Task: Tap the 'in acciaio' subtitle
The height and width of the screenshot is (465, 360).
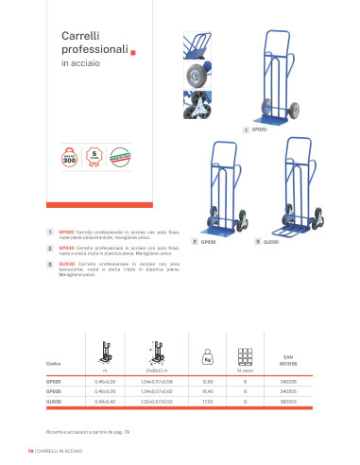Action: pyautogui.click(x=78, y=64)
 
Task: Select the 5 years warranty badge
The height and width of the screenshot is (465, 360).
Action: pyautogui.click(x=94, y=153)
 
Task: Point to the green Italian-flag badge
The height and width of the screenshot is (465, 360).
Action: pyautogui.click(x=121, y=153)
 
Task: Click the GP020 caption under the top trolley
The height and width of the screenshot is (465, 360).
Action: pyautogui.click(x=259, y=128)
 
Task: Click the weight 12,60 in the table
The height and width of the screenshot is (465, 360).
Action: pyautogui.click(x=207, y=380)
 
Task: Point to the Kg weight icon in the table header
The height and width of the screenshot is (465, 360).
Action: pyautogui.click(x=207, y=359)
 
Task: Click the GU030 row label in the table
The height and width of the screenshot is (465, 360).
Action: pyautogui.click(x=54, y=399)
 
